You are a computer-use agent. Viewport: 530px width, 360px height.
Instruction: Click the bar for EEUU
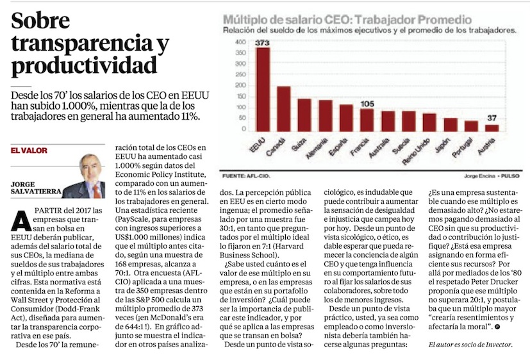[262, 89]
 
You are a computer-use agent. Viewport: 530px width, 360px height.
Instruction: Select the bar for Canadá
[283, 108]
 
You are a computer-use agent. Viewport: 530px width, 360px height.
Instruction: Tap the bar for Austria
[492, 127]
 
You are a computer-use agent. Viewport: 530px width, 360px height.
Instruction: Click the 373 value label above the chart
[261, 42]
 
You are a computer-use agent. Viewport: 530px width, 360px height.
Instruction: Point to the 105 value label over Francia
[367, 104]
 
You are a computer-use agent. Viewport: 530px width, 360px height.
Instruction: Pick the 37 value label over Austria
[491, 119]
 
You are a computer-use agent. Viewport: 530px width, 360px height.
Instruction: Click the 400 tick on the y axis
[240, 42]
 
